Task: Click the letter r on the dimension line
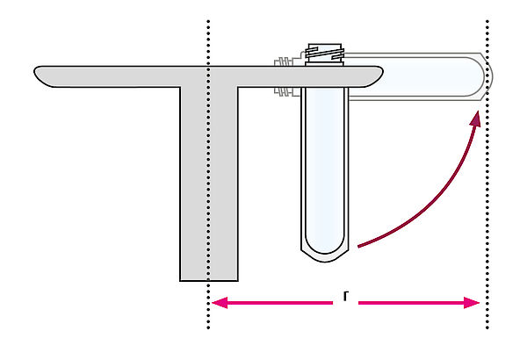click(346, 297)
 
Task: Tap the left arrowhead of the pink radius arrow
click(219, 303)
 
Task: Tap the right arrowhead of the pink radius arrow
click(472, 303)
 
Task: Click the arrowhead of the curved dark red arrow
click(475, 119)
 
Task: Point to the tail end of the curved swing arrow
click(358, 247)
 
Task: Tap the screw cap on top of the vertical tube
click(324, 54)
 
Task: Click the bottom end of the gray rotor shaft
click(209, 280)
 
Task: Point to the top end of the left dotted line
click(208, 22)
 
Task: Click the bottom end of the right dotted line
click(487, 328)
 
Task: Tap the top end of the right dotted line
click(487, 22)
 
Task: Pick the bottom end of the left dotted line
click(208, 328)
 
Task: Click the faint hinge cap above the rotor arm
click(283, 61)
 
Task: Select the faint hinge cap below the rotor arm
click(283, 91)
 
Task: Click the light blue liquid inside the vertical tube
click(325, 168)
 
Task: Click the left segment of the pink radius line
click(272, 303)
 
